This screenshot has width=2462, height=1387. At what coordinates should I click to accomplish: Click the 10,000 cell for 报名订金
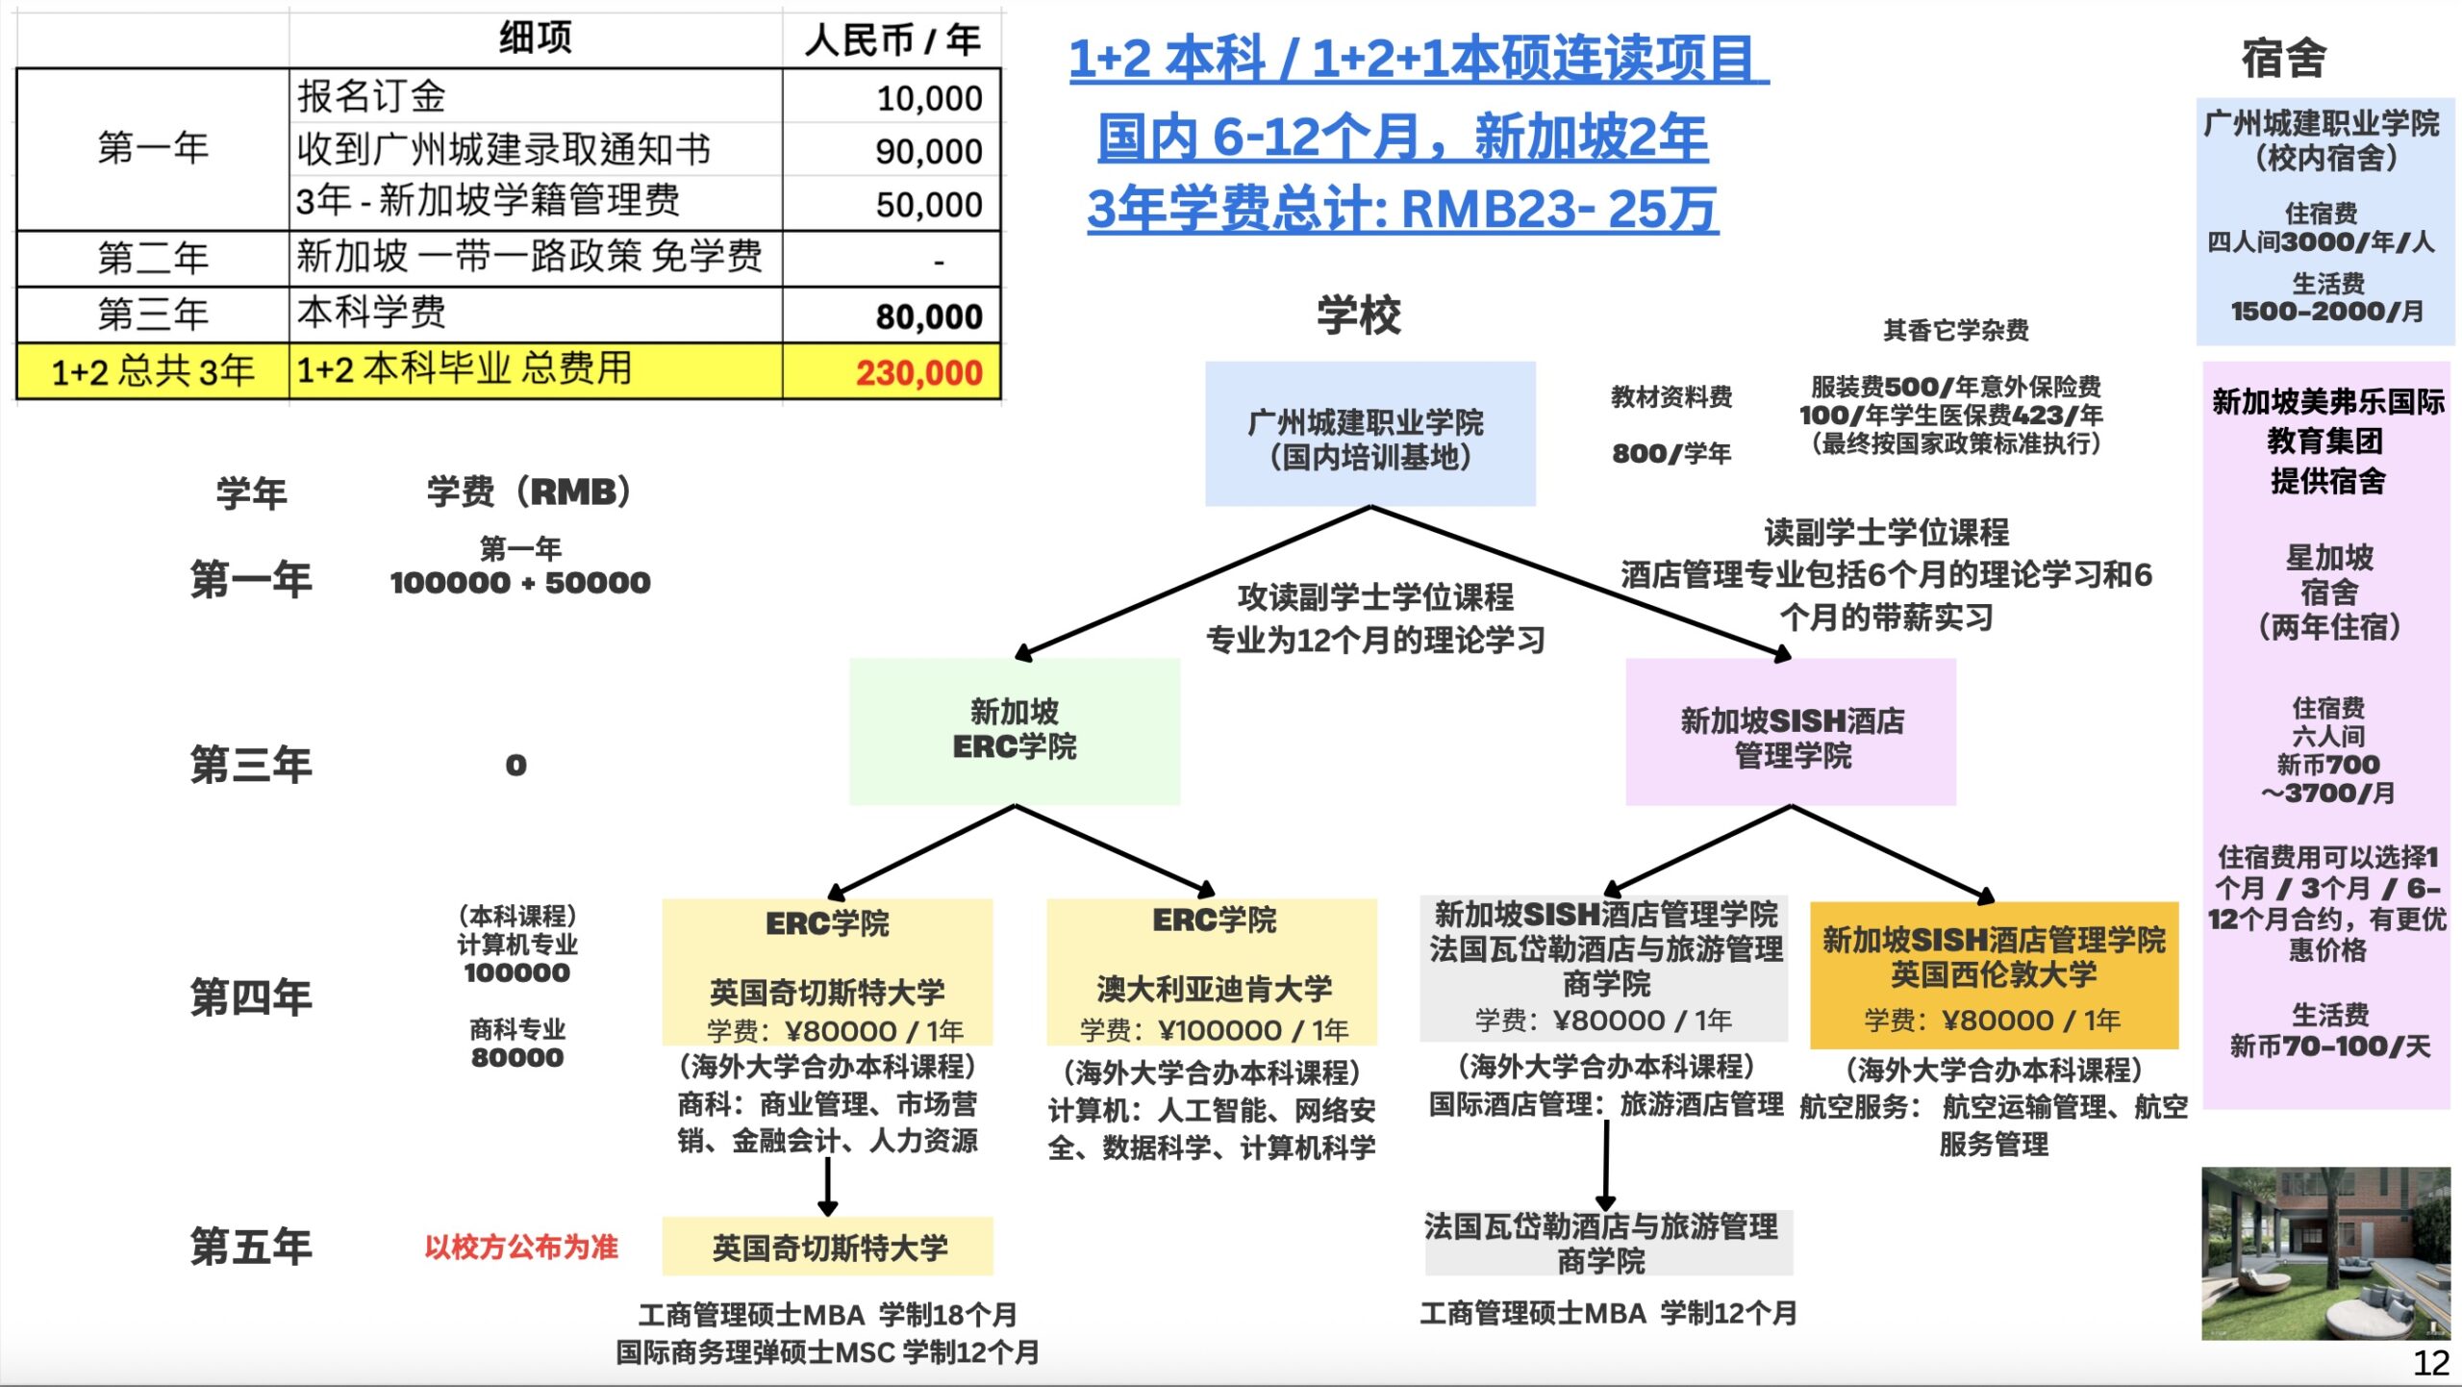tap(892, 96)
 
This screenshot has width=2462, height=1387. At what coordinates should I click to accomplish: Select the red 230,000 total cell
tap(892, 371)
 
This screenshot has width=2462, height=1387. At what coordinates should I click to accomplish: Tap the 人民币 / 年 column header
tap(892, 40)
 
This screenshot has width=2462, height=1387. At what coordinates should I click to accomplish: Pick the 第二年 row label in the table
tap(153, 258)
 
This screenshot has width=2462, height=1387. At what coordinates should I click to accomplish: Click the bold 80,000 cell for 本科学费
tap(892, 315)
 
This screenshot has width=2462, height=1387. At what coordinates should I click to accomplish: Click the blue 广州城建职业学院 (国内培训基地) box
tap(1369, 434)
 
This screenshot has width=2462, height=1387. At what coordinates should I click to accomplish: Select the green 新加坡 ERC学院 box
tap(1015, 731)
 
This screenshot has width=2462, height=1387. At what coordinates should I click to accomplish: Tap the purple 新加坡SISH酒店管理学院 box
tap(1791, 732)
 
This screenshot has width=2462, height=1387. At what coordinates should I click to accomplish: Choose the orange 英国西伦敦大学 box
tap(1994, 975)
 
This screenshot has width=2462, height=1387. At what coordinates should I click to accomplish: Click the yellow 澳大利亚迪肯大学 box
tap(1212, 971)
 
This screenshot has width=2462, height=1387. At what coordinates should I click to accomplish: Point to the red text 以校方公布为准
tap(521, 1247)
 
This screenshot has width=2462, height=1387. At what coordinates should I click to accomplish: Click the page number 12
tap(2430, 1363)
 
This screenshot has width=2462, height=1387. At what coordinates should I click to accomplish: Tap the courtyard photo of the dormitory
tap(2325, 1253)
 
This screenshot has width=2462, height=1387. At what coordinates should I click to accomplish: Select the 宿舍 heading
tap(2284, 58)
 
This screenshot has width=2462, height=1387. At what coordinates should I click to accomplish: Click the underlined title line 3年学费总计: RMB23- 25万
tap(1403, 209)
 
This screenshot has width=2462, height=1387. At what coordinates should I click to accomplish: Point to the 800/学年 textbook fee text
tap(1671, 453)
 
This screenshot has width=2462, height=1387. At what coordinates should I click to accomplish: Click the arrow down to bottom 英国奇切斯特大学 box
tap(827, 1187)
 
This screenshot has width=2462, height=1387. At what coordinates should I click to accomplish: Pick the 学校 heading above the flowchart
tap(1359, 315)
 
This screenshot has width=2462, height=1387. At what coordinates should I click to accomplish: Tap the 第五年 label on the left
tap(251, 1247)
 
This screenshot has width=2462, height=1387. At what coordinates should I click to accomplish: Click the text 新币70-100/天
tap(2329, 1046)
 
